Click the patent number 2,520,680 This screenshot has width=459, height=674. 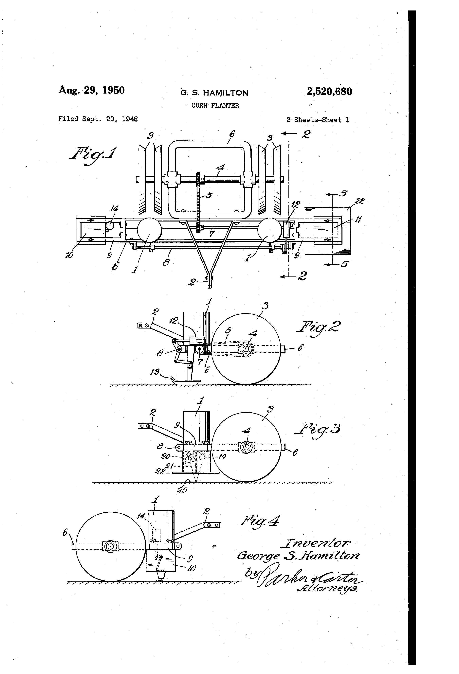329,91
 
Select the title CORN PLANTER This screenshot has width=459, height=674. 215,106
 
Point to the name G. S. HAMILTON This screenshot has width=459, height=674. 214,93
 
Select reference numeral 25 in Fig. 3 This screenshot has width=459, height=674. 182,490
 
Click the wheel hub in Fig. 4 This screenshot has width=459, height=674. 110,546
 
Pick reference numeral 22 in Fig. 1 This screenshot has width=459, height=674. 360,201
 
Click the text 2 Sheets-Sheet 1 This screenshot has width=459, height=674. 318,120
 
